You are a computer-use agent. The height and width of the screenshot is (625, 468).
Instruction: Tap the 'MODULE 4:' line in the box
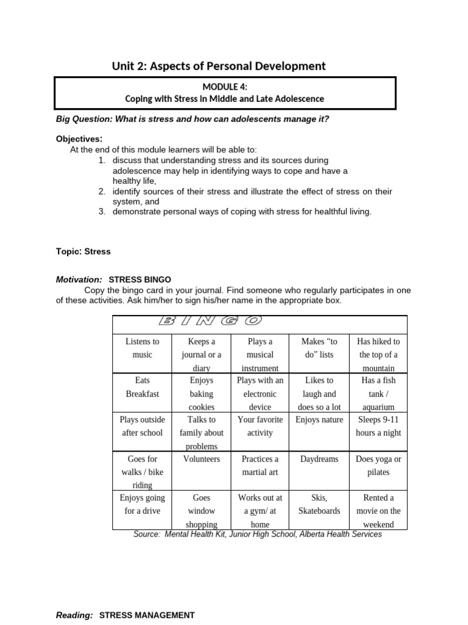coord(225,87)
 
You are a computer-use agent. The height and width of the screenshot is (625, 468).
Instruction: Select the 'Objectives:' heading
coord(79,139)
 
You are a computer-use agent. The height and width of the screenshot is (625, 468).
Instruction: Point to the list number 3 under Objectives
coord(102,212)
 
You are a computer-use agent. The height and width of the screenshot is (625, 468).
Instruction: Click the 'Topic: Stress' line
coord(83,251)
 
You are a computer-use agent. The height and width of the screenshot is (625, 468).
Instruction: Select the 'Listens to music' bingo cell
coord(142,349)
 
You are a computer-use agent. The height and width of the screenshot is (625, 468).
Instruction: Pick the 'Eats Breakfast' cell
coord(142,387)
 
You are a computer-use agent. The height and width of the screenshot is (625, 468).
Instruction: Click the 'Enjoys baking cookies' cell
coord(202,394)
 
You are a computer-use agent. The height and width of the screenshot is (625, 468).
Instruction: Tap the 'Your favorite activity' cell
coord(260,426)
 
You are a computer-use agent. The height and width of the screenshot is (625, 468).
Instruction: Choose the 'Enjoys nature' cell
coord(319,420)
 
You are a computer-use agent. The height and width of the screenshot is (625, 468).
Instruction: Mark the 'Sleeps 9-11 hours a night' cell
coord(378,426)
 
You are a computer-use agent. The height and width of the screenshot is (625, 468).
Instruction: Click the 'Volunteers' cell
coord(202,459)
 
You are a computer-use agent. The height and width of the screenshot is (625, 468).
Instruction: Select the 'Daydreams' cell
coord(319,459)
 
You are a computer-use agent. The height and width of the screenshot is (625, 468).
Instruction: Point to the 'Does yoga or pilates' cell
coord(378,466)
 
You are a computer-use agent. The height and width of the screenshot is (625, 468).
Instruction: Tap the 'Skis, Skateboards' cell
coord(319,504)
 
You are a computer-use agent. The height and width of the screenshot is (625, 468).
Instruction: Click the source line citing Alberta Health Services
coord(258,534)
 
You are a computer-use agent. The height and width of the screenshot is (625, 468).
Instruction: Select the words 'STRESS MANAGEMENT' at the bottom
coord(147,616)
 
